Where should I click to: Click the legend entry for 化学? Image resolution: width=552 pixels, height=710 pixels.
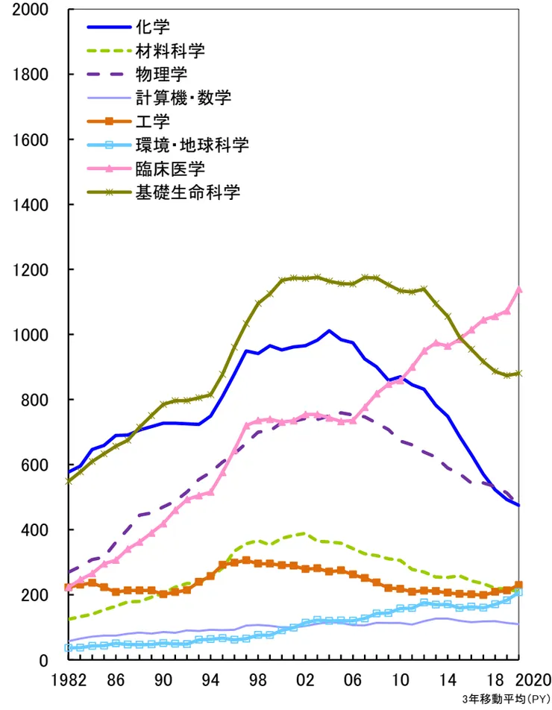153,28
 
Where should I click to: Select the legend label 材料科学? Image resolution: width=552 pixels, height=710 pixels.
170,51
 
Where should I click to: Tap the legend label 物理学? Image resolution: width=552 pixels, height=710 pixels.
161,75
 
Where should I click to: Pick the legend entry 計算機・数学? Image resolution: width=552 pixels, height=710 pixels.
184,98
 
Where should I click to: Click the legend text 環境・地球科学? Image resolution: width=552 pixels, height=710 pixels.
192,145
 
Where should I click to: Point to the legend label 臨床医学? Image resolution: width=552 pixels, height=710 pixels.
170,169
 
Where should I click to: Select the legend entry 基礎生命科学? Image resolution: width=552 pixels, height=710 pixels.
187,192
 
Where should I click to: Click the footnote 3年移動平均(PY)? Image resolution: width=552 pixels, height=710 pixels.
507,700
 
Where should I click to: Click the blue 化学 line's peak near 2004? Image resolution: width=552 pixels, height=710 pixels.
329,330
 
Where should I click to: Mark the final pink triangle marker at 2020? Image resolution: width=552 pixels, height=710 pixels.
519,290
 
